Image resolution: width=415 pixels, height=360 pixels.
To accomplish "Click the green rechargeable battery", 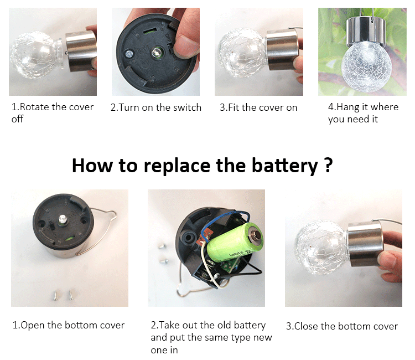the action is click(x=235, y=243).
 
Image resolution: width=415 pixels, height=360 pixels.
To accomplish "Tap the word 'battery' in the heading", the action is click(x=284, y=166).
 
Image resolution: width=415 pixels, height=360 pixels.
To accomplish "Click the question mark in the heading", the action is click(x=328, y=164).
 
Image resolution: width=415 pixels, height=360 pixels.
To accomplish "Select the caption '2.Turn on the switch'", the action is click(x=156, y=107).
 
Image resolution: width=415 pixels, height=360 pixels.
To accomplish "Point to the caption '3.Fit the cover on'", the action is click(x=258, y=107).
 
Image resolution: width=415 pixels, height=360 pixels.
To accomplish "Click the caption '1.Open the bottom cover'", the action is click(x=69, y=325).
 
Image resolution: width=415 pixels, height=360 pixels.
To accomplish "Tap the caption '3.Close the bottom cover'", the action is click(x=342, y=326).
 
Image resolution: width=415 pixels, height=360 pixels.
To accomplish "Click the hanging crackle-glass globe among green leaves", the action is click(x=363, y=66).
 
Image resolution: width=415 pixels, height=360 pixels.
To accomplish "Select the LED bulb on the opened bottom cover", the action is click(x=62, y=220).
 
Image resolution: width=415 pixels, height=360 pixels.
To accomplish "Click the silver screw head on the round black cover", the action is click(x=129, y=54).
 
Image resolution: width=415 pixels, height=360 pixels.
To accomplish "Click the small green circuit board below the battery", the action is click(x=229, y=265).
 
